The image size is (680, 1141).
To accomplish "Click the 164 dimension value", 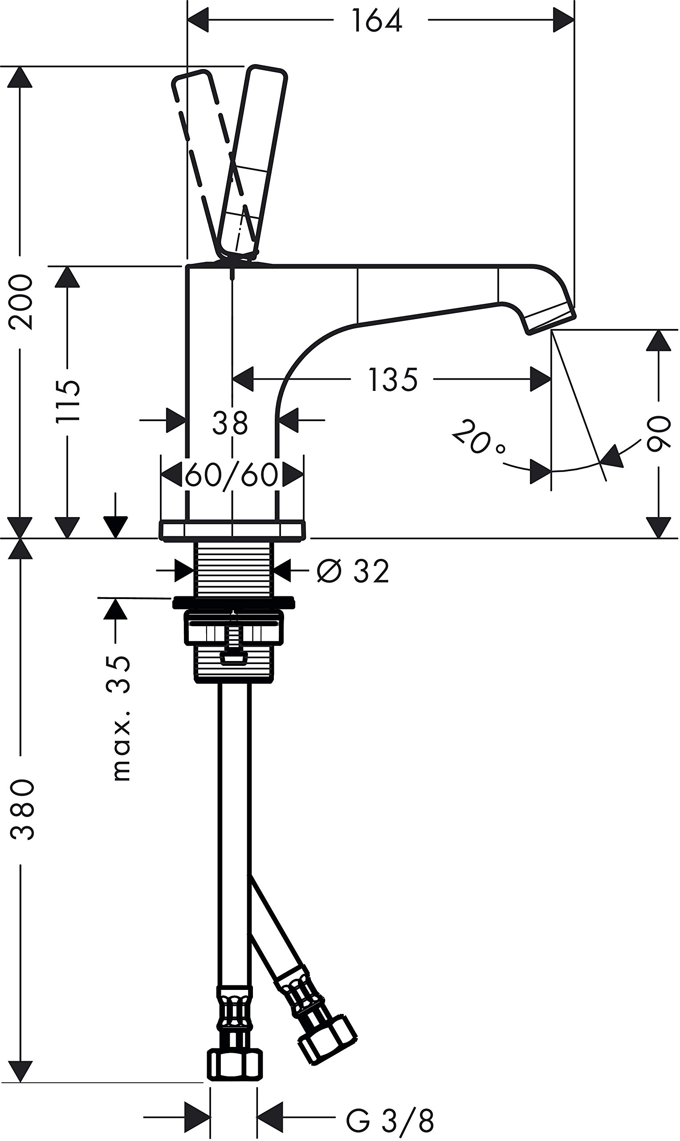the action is (377, 21).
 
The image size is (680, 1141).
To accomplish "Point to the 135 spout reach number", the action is (393, 380).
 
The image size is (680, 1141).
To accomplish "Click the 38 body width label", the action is (230, 423).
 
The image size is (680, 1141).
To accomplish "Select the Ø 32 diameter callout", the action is (353, 571).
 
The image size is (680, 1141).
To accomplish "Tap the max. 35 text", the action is (120, 718).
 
